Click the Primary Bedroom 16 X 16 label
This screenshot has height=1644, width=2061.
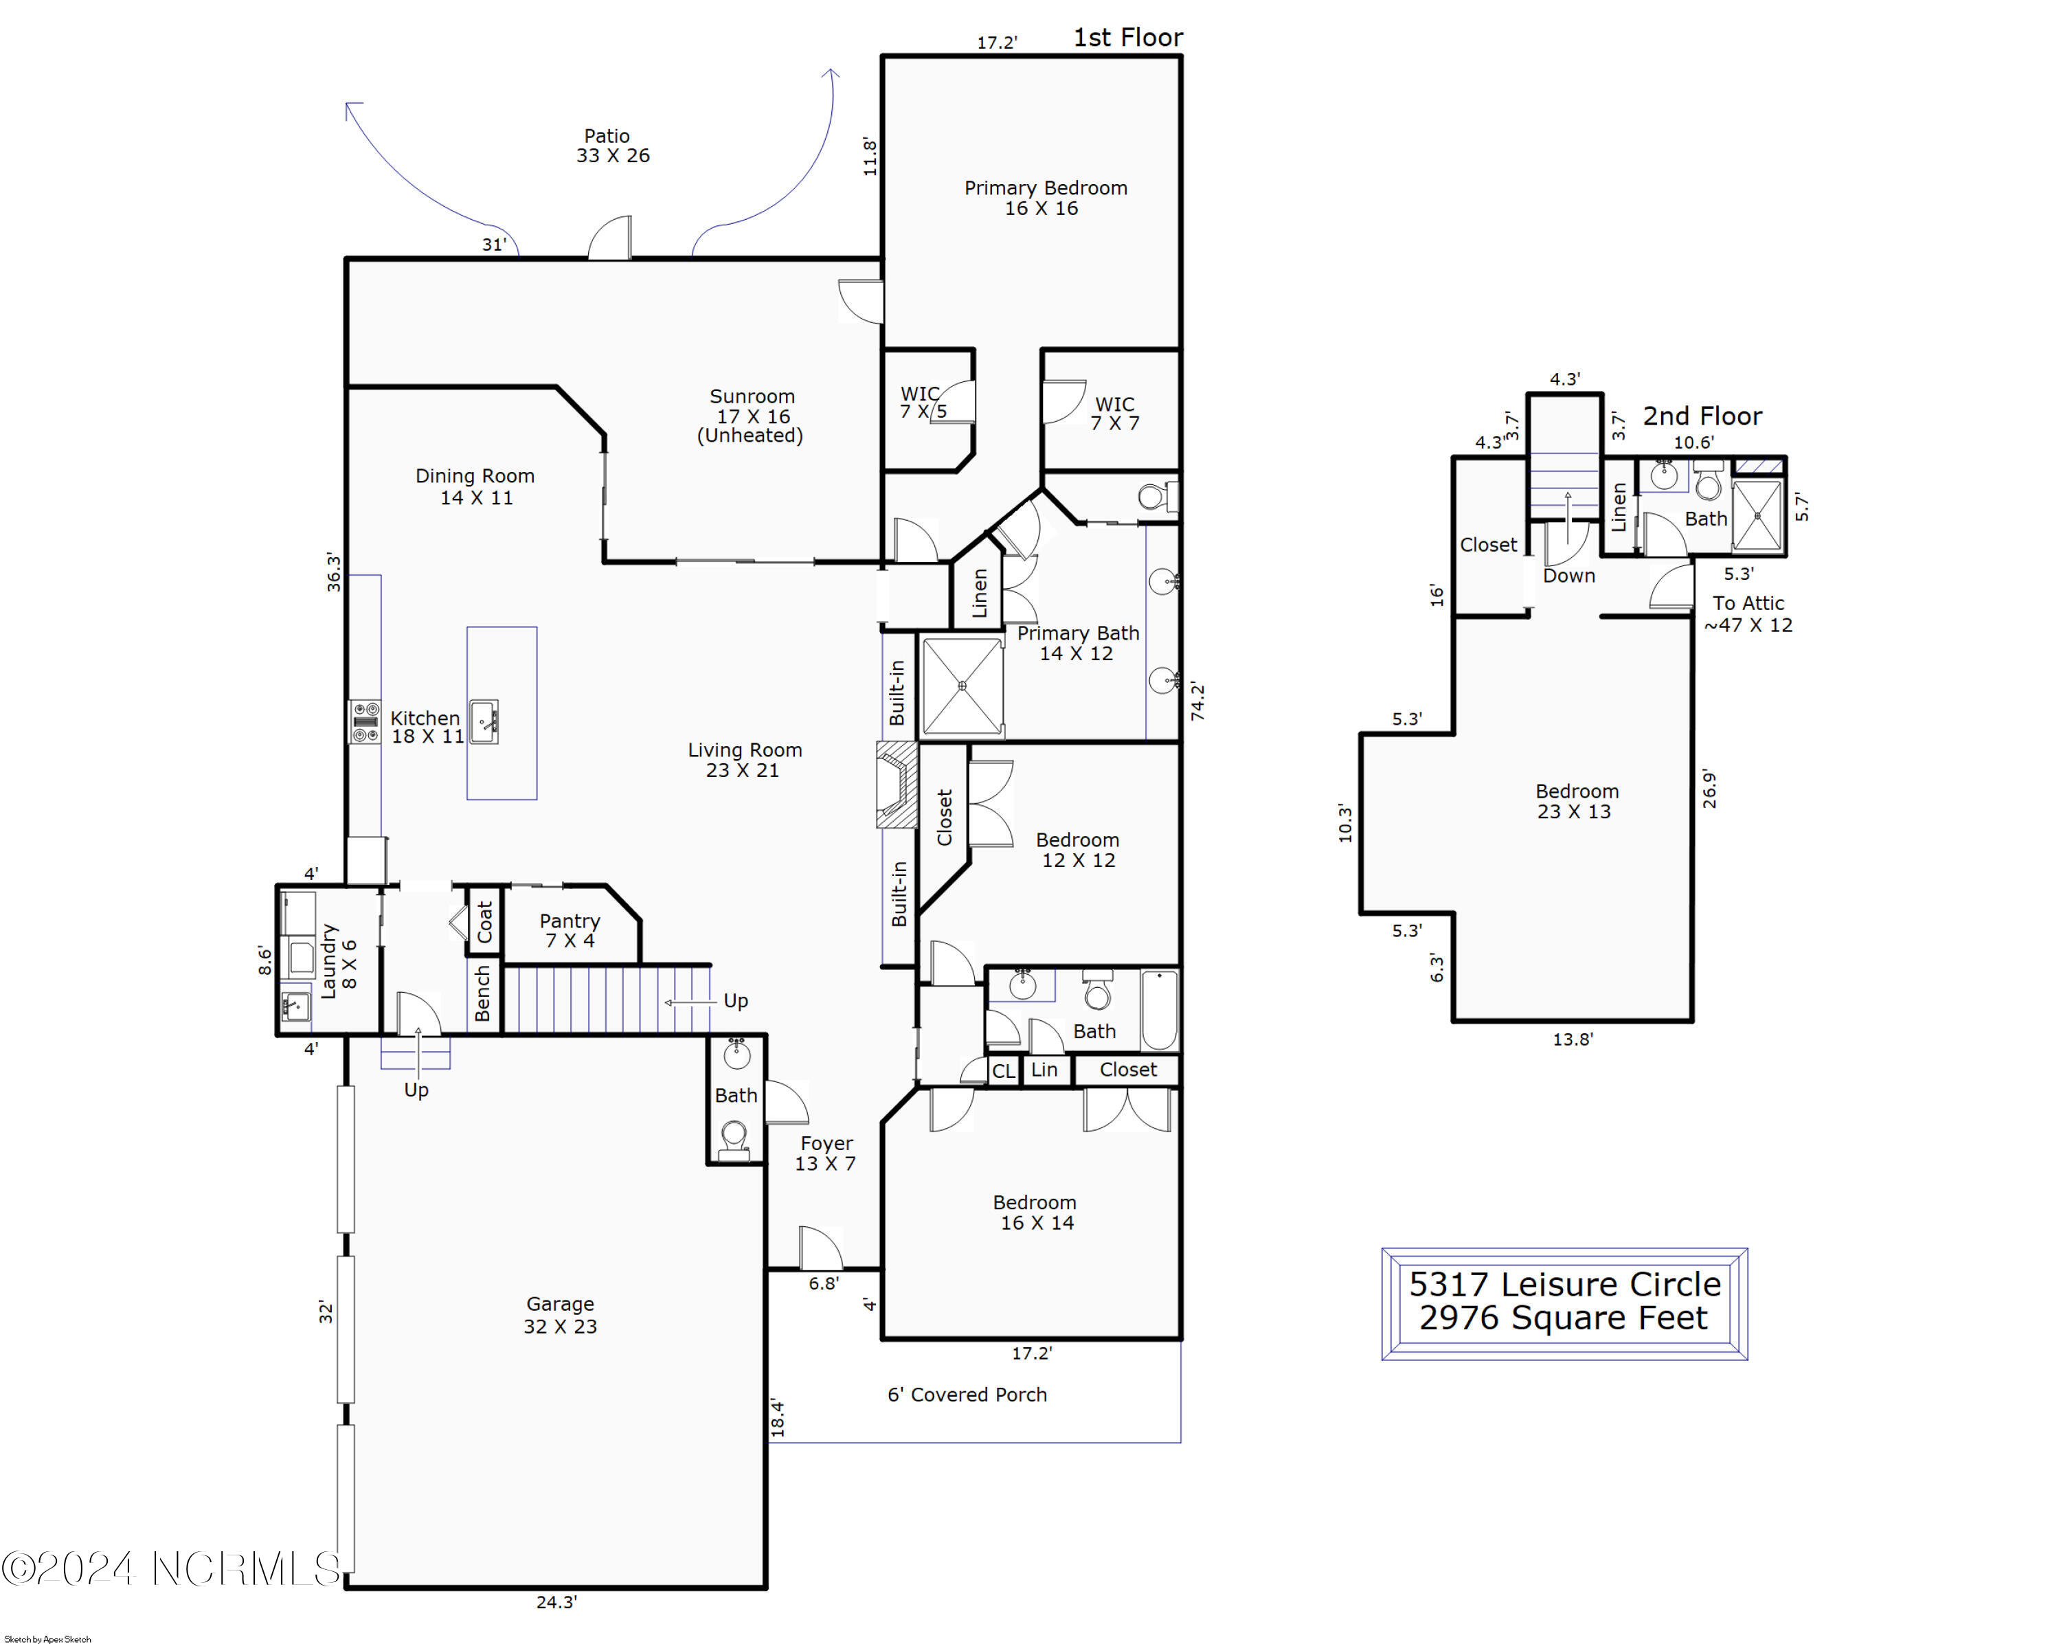pos(1045,198)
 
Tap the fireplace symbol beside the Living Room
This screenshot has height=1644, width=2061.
pos(897,785)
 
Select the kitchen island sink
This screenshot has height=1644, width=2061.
pos(484,721)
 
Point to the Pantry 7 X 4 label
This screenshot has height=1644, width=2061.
pos(570,930)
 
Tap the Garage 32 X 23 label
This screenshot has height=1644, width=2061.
pos(560,1314)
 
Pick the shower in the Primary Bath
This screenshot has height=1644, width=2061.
pos(962,686)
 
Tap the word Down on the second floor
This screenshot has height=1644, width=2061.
pos(1568,576)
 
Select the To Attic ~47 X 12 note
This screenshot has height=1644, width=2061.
pos(1748,613)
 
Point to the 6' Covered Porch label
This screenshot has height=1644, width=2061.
pos(967,1395)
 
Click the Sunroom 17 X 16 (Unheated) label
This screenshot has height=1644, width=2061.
pos(752,416)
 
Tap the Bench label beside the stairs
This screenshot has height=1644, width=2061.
pos(483,993)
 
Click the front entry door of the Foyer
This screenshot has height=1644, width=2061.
pos(820,1249)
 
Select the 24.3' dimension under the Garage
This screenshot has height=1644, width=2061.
pos(556,1602)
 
